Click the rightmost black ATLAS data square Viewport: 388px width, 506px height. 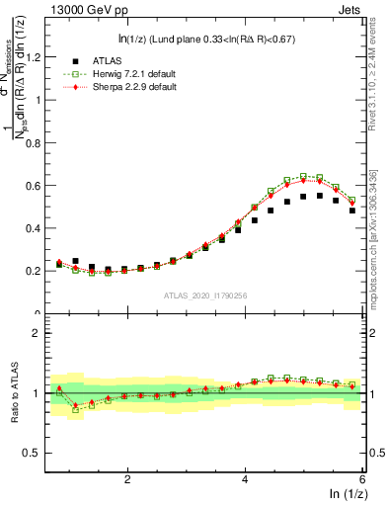click(x=352, y=211)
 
